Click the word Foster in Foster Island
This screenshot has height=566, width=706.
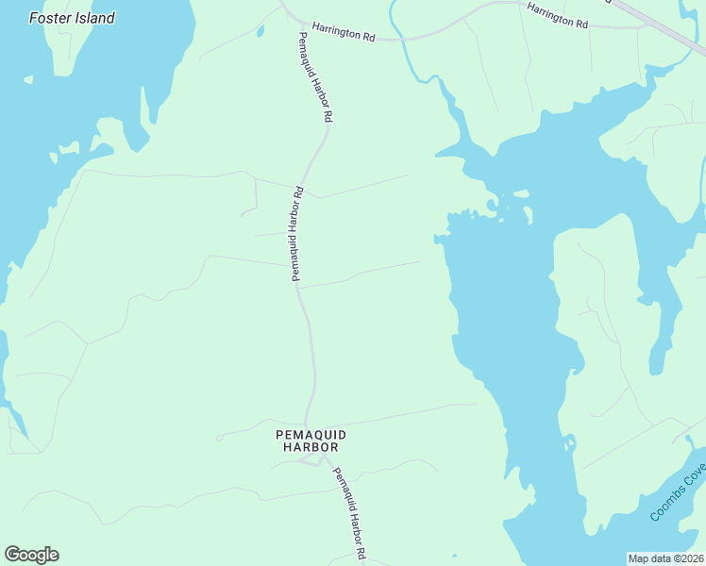(51, 18)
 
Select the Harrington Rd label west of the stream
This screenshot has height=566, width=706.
(344, 34)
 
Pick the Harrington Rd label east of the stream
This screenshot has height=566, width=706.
(557, 14)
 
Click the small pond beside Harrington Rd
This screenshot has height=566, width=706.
(260, 31)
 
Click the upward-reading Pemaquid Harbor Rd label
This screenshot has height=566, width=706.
(296, 235)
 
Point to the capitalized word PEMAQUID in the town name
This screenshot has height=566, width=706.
(311, 434)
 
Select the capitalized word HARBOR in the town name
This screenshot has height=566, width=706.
(311, 447)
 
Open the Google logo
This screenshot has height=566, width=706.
(31, 555)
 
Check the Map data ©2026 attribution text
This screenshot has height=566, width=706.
(665, 558)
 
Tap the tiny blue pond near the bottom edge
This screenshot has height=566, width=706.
(454, 557)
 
